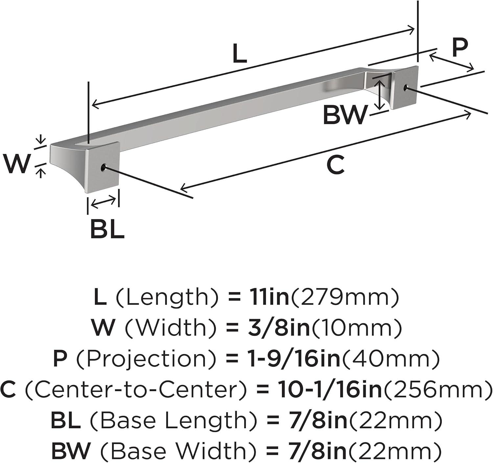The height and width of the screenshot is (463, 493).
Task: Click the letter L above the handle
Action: pos(240,53)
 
